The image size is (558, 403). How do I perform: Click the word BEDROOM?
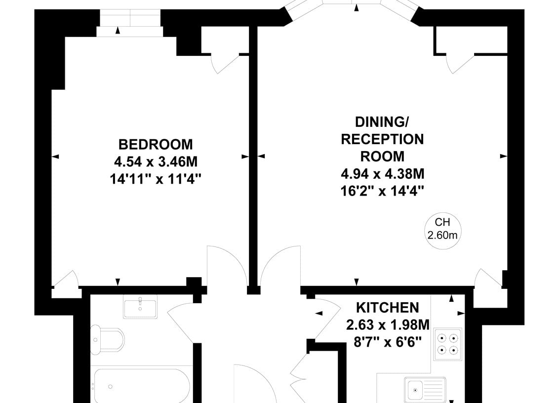(x=156, y=145)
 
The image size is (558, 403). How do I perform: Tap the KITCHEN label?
(x=388, y=307)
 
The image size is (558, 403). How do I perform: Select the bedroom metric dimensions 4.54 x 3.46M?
(x=156, y=162)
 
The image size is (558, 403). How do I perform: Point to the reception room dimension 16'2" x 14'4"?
(x=383, y=192)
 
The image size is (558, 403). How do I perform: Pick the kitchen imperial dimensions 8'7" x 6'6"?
(x=388, y=342)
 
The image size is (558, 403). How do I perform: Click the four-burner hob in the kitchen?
(x=448, y=344)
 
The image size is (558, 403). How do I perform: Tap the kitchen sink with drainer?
(x=425, y=389)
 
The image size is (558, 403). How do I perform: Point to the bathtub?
(x=142, y=386)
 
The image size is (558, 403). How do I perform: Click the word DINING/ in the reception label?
(x=382, y=122)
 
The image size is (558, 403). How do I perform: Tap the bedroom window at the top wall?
(x=130, y=18)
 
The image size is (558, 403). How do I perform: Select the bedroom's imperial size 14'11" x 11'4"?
(x=156, y=179)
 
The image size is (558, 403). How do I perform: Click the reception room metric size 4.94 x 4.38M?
(x=383, y=174)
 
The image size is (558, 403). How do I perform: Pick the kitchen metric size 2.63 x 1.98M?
(x=388, y=324)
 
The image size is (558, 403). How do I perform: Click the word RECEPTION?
(x=383, y=140)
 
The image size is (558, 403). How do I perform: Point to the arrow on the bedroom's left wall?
(x=55, y=156)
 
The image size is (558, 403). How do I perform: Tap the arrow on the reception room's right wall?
(x=504, y=156)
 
